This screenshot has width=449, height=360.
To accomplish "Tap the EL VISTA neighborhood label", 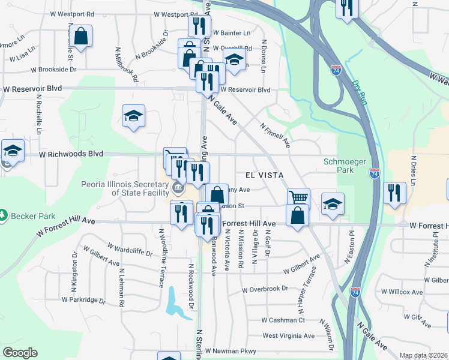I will pyautogui.click(x=264, y=175).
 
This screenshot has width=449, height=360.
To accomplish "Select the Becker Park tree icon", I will pyautogui.click(x=4, y=214).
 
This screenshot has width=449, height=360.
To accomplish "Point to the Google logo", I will pyautogui.click(x=20, y=353).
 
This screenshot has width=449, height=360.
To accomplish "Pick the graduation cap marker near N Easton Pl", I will pyautogui.click(x=333, y=203).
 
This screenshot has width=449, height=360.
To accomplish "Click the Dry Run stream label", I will pyautogui.click(x=359, y=92).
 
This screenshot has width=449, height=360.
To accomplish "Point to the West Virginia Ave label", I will pyautogui.click(x=288, y=336).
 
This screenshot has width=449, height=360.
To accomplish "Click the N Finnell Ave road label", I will pyautogui.click(x=276, y=136).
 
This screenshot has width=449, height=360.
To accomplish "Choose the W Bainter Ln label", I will pyautogui.click(x=230, y=32).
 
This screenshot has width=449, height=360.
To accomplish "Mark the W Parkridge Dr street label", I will pyautogui.click(x=83, y=299).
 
